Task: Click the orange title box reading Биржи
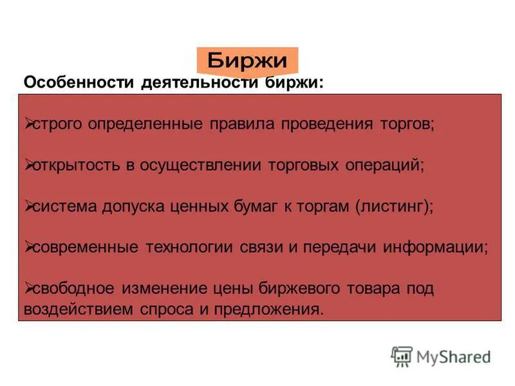coord(247,61)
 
